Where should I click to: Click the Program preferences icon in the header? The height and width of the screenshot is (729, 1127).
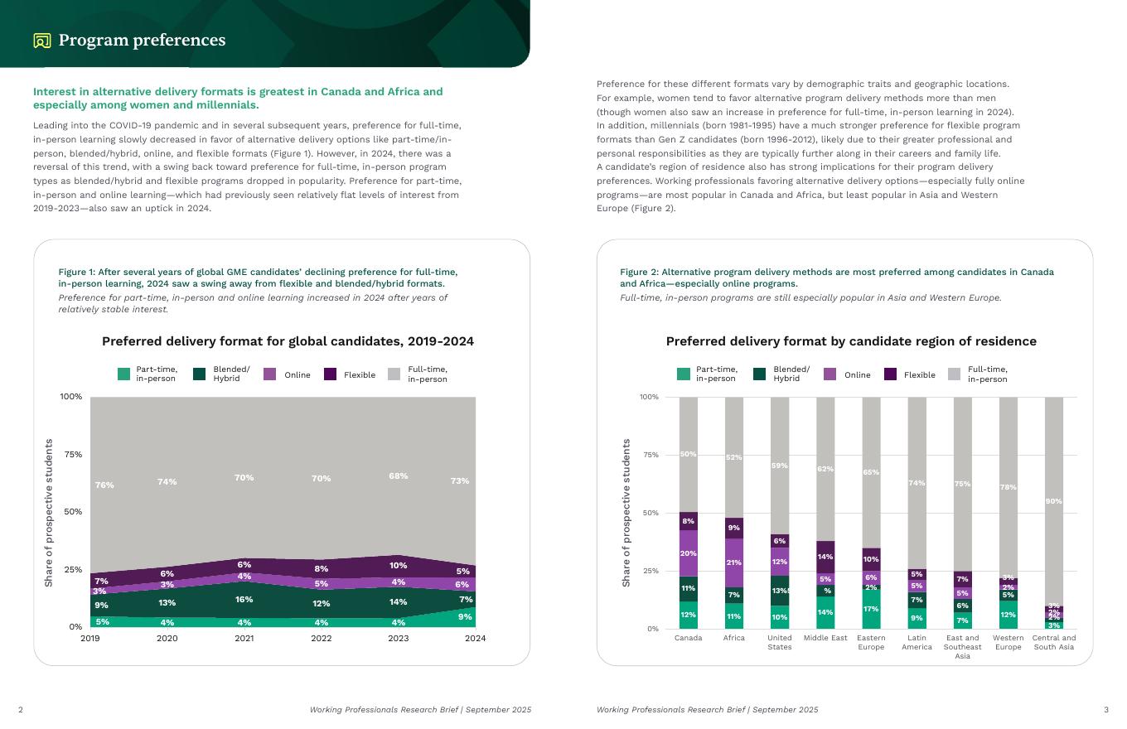point(42,41)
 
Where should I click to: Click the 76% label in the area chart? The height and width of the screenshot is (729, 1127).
point(104,485)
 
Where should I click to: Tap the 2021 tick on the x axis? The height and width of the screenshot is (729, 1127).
point(244,639)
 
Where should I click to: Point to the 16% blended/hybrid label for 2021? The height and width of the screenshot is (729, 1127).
point(244,600)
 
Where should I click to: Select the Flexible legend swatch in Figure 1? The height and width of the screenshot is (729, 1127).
point(330,374)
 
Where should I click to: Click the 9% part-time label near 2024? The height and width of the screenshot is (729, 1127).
point(465,617)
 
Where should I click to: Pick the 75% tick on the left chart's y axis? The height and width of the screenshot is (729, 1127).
point(71,454)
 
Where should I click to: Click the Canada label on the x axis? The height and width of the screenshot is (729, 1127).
point(689,638)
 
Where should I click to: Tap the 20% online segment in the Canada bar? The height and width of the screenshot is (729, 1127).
point(689,553)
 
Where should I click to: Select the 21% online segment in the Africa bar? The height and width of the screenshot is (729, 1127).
point(734,562)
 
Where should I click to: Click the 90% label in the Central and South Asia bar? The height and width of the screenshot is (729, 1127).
point(1053,501)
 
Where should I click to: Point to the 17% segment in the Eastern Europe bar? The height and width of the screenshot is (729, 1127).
point(871,609)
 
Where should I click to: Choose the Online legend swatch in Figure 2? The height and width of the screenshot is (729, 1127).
point(830,374)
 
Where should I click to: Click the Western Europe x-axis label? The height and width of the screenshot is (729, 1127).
point(1008,642)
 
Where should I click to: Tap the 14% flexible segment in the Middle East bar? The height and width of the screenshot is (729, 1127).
point(825,557)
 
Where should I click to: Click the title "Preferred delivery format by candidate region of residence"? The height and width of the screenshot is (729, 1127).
point(851,341)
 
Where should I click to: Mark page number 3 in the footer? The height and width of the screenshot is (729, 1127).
point(1105,710)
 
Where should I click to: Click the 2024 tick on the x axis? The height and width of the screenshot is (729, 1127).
point(475,639)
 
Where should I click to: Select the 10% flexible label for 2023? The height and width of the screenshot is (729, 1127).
point(399,566)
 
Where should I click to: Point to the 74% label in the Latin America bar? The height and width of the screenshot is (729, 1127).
point(917,483)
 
